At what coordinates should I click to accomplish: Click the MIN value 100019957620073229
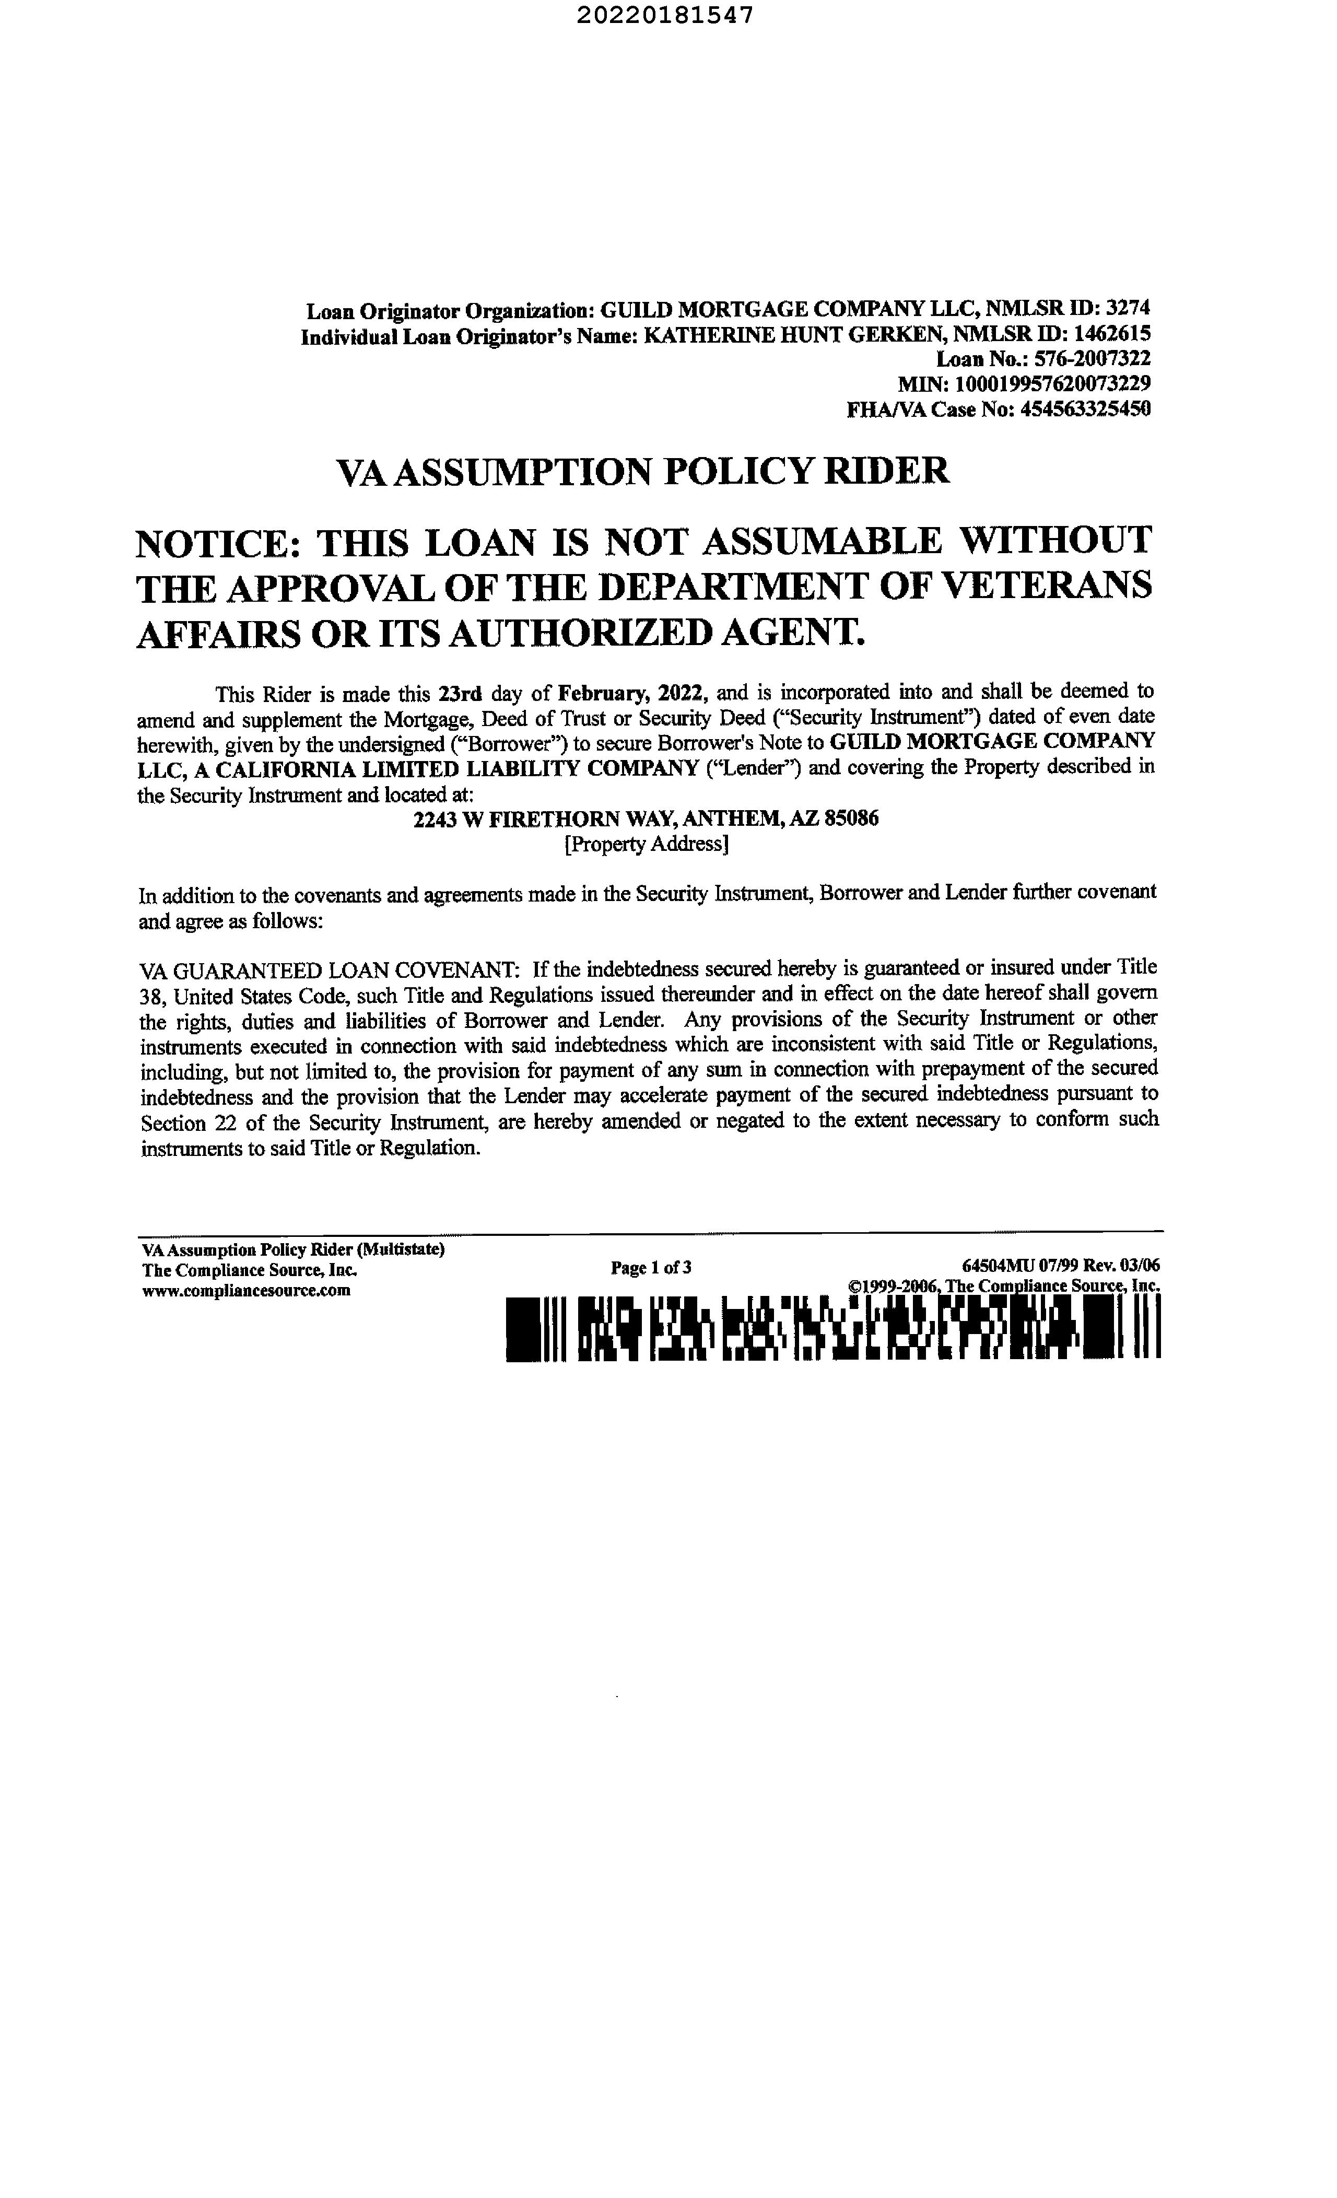point(1052,383)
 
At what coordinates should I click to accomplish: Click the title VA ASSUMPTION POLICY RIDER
point(642,470)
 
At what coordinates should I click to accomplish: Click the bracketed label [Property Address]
point(646,844)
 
